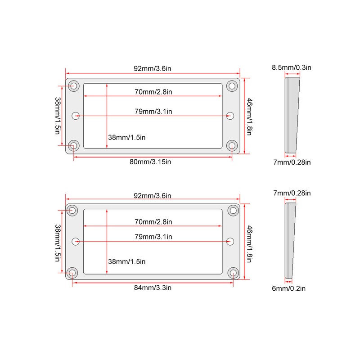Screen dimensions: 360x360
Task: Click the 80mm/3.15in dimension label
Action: [x=150, y=162]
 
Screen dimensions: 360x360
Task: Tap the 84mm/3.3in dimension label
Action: [x=153, y=288]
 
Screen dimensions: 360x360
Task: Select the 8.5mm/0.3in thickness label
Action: [x=292, y=67]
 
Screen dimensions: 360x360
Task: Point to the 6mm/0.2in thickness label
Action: [x=288, y=288]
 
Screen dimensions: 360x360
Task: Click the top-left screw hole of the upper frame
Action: [x=74, y=86]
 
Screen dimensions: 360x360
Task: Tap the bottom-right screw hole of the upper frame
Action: [x=232, y=145]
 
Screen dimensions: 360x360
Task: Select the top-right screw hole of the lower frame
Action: [x=233, y=210]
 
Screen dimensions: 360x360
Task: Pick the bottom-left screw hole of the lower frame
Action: [x=72, y=273]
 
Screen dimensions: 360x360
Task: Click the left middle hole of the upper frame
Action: [x=76, y=116]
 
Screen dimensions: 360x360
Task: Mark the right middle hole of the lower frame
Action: [x=230, y=242]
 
